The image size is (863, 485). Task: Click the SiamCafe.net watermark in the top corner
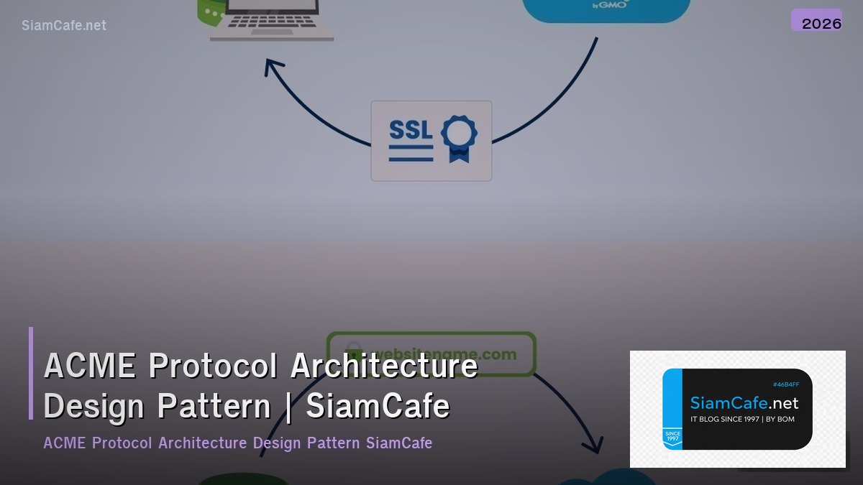64,25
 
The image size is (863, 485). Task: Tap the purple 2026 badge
817,21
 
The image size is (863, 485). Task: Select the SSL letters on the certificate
411,130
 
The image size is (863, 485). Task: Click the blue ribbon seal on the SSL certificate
458,138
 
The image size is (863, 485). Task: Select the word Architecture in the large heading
384,365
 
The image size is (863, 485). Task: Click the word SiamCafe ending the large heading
378,406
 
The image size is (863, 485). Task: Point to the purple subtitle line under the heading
237,443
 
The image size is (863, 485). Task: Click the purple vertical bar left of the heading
31,373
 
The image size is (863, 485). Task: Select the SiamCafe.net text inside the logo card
744,404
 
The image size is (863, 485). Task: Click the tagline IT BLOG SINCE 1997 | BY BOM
742,419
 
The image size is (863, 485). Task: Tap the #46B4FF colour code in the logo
785,385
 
